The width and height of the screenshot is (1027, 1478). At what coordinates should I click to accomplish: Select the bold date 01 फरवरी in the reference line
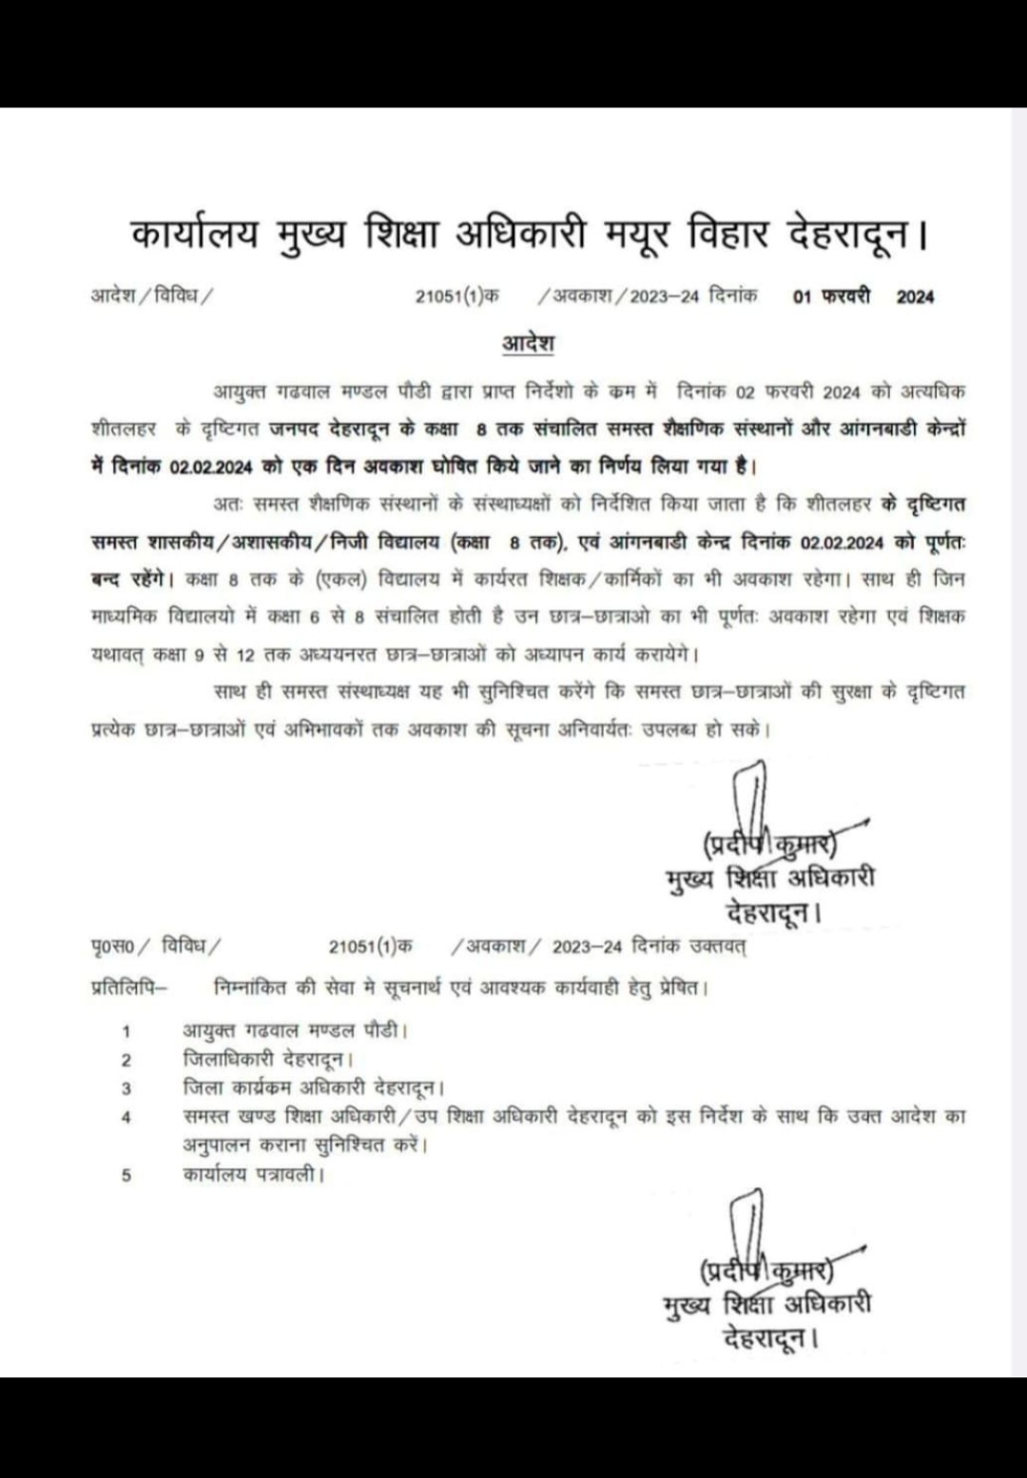point(831,297)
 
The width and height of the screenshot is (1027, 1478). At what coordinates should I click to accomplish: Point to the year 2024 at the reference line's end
point(915,297)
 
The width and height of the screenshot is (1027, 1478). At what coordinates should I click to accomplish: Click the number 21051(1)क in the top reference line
point(456,297)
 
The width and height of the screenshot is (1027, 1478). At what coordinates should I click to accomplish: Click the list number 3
point(126,1088)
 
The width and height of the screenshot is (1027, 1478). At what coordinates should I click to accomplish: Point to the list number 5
point(126,1176)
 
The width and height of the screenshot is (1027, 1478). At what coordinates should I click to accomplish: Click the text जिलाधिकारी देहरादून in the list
point(269,1058)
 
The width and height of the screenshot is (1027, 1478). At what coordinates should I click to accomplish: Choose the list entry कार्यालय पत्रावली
point(253,1175)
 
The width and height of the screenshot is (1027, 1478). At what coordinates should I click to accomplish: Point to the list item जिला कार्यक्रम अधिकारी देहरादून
point(314,1087)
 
